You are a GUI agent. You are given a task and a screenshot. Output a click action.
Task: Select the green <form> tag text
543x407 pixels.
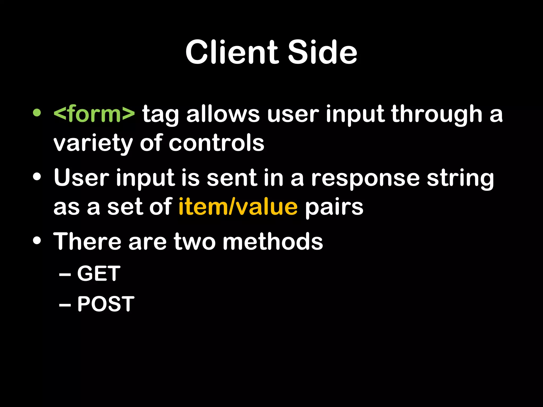click(94, 114)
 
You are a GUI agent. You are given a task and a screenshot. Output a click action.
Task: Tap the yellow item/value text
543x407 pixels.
click(238, 207)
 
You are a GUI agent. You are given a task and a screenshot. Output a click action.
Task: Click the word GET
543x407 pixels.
click(99, 273)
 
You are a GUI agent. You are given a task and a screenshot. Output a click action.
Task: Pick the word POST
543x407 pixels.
click(106, 304)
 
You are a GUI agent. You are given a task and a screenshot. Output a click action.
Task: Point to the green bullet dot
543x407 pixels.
click(37, 113)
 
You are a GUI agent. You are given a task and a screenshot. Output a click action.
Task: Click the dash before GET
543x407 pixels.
click(65, 275)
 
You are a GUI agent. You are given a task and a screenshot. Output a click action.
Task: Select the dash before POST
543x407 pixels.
click(65, 305)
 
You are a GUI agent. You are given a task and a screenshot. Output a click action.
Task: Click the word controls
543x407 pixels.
click(216, 143)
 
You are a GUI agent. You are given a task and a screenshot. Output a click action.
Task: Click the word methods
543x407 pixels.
click(273, 241)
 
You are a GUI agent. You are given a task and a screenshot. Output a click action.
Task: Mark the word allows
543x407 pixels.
click(223, 114)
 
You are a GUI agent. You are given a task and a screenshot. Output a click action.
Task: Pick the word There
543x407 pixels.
click(87, 241)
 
